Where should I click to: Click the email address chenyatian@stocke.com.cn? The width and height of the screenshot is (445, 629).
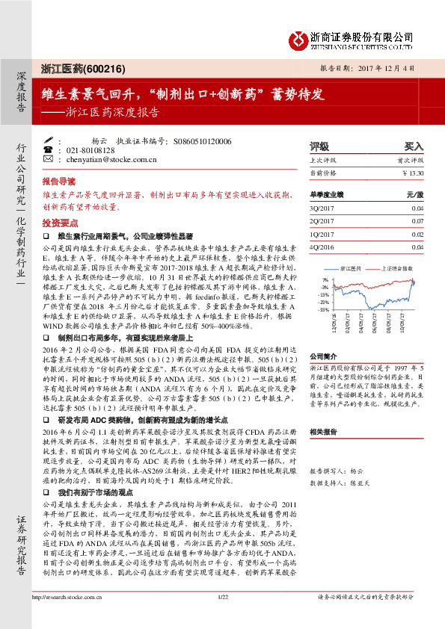click(x=111, y=159)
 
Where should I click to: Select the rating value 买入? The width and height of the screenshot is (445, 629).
click(x=414, y=146)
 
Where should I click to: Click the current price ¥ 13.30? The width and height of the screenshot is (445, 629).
click(x=412, y=173)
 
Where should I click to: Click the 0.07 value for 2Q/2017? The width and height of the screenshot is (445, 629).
click(x=417, y=221)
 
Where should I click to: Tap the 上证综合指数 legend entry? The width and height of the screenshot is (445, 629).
click(x=398, y=267)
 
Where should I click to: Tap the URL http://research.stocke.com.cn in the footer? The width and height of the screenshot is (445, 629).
click(x=70, y=617)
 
